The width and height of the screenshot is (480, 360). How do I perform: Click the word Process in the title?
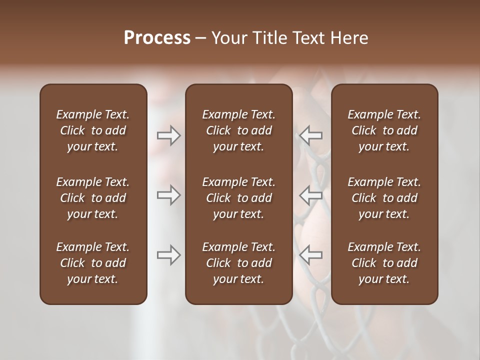coord(157,38)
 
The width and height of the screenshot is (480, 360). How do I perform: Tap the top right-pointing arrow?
coord(168,135)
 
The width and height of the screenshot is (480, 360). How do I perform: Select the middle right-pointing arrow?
coord(168,195)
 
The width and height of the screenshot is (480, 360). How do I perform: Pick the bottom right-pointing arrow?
coord(168,255)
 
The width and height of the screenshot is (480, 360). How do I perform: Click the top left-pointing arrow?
coord(311,135)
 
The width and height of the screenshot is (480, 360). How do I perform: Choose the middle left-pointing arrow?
coord(311,195)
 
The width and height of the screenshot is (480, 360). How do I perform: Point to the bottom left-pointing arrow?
coord(311,255)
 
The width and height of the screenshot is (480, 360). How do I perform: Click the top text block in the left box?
coord(93,130)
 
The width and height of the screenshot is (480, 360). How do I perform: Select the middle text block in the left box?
coord(93,198)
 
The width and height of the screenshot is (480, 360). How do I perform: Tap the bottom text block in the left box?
coord(93,263)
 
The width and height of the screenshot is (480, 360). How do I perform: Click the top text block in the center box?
coord(238,130)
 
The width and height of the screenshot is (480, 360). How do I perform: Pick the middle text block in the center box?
coord(238,198)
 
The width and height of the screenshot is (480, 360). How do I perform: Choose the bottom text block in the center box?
coord(238,263)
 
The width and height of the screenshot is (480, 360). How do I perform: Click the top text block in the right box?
coord(384,130)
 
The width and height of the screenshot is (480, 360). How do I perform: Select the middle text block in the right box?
coord(384,198)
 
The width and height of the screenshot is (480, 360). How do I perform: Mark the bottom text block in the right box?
coord(384,263)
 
